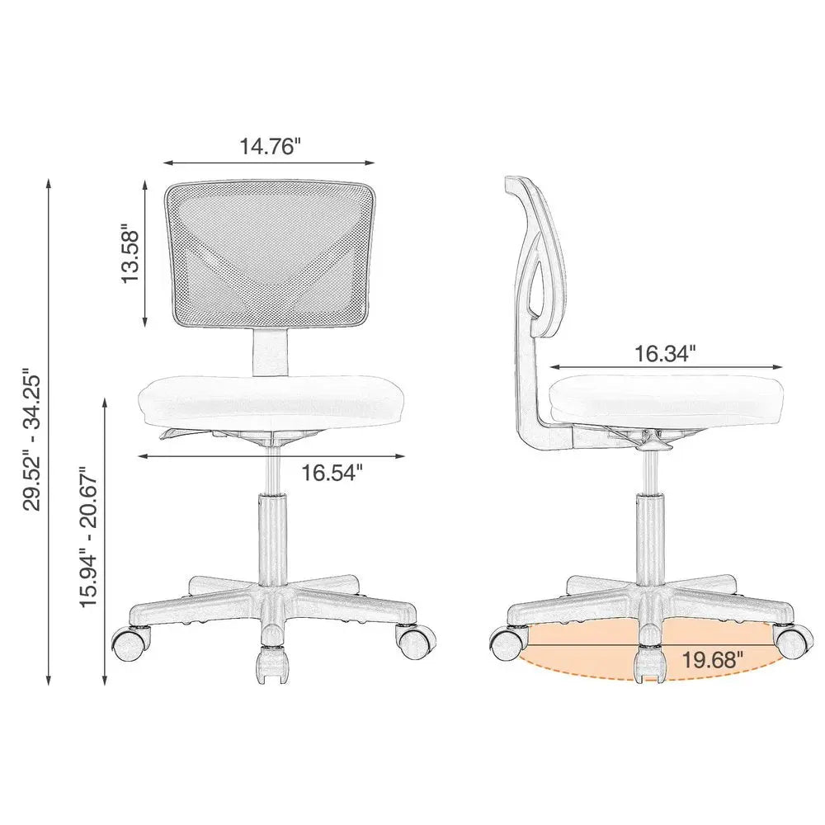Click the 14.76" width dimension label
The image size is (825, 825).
point(270,147)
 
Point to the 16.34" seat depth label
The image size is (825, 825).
point(665,353)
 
